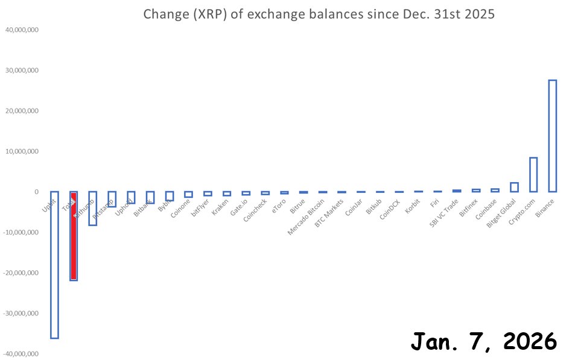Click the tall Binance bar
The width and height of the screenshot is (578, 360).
click(x=552, y=136)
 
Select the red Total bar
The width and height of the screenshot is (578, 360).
click(x=74, y=236)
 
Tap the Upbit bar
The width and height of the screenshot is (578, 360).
click(x=54, y=265)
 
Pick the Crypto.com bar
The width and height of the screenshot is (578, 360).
click(x=533, y=175)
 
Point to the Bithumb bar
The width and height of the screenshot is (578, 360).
click(x=93, y=209)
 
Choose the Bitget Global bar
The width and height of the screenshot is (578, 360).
click(x=514, y=188)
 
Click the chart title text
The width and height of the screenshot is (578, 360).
click(x=319, y=14)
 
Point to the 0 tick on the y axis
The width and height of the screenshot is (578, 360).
click(x=37, y=192)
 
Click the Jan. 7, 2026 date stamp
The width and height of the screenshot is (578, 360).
click(x=483, y=341)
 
